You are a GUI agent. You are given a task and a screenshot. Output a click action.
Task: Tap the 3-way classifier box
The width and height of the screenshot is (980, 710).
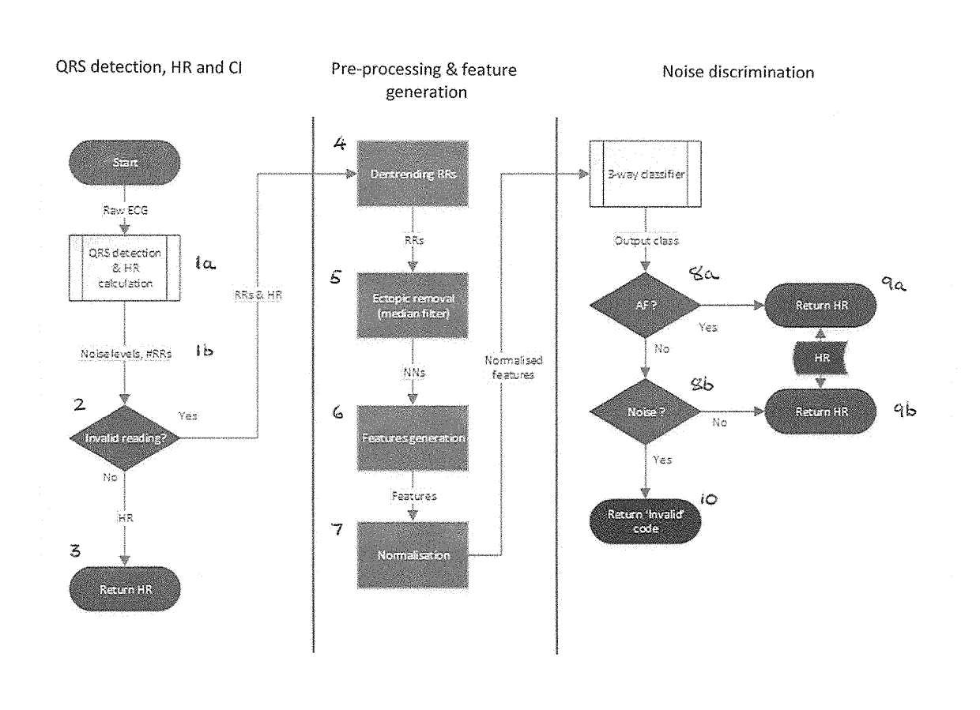646,175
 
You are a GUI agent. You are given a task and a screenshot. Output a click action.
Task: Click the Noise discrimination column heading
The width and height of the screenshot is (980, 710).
737,72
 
